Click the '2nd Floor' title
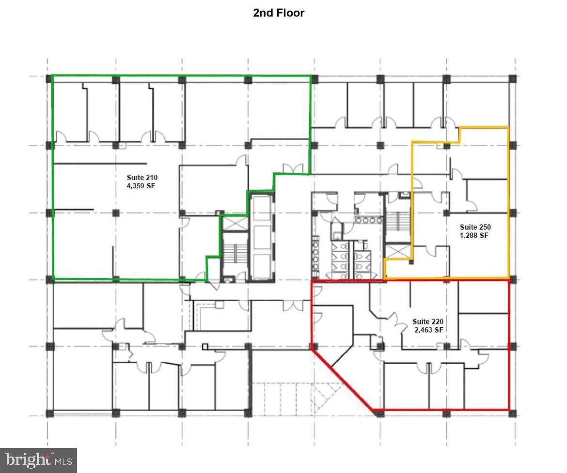point(279,13)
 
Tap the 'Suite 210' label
point(142,177)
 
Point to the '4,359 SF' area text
point(141,186)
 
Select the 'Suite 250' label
point(475,227)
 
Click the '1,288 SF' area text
point(474,236)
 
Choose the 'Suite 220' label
point(428,321)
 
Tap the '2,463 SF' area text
point(429,330)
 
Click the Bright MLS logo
point(38,460)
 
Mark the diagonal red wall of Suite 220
point(342,380)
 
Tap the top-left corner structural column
point(49,79)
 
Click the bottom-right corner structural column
point(512,413)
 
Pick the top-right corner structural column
point(513,79)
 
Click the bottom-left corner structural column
point(49,413)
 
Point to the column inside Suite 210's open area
point(116,213)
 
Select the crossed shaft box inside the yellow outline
point(397,251)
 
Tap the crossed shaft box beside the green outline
point(235,223)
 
